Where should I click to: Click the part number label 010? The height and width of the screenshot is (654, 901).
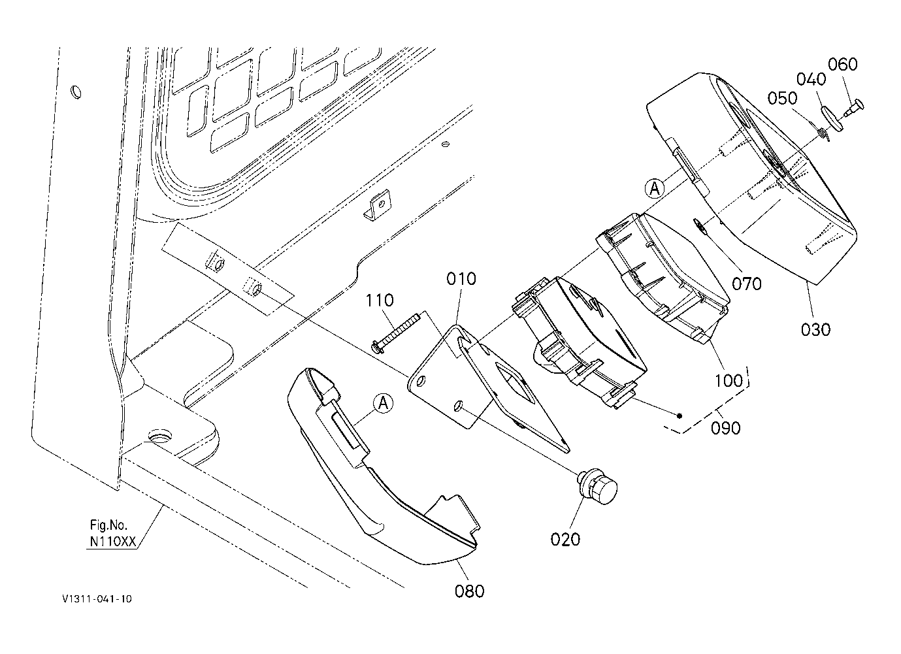[461, 279]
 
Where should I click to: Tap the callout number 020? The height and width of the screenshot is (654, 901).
[565, 540]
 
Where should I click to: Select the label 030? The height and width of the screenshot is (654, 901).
[815, 330]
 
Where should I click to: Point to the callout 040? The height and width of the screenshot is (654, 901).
[811, 79]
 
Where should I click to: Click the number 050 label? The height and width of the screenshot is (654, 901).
[782, 98]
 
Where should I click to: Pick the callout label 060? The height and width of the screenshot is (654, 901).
[842, 64]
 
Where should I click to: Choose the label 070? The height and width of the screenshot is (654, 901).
[747, 284]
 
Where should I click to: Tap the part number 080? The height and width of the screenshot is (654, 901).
[469, 591]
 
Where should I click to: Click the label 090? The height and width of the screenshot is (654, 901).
[726, 428]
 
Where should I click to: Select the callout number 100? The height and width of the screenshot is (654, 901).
[729, 380]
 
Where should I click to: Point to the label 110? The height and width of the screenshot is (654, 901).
[380, 301]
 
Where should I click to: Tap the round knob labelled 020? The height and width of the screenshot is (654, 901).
[597, 489]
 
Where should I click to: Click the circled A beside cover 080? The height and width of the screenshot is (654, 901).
[383, 403]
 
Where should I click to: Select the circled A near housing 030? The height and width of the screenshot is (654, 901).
[655, 188]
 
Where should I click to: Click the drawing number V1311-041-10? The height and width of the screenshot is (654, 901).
[97, 599]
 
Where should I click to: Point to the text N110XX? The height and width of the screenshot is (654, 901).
[112, 542]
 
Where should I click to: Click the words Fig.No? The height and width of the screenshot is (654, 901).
[108, 525]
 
